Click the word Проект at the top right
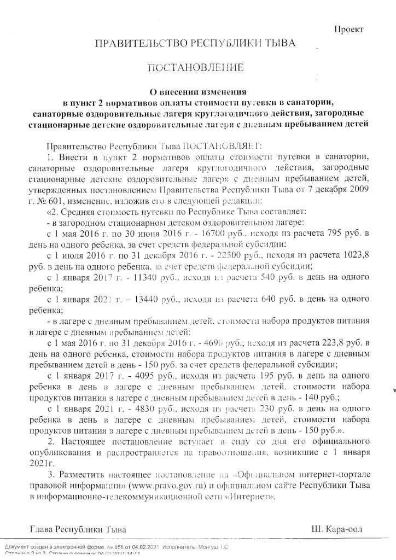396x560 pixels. tap(349, 30)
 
